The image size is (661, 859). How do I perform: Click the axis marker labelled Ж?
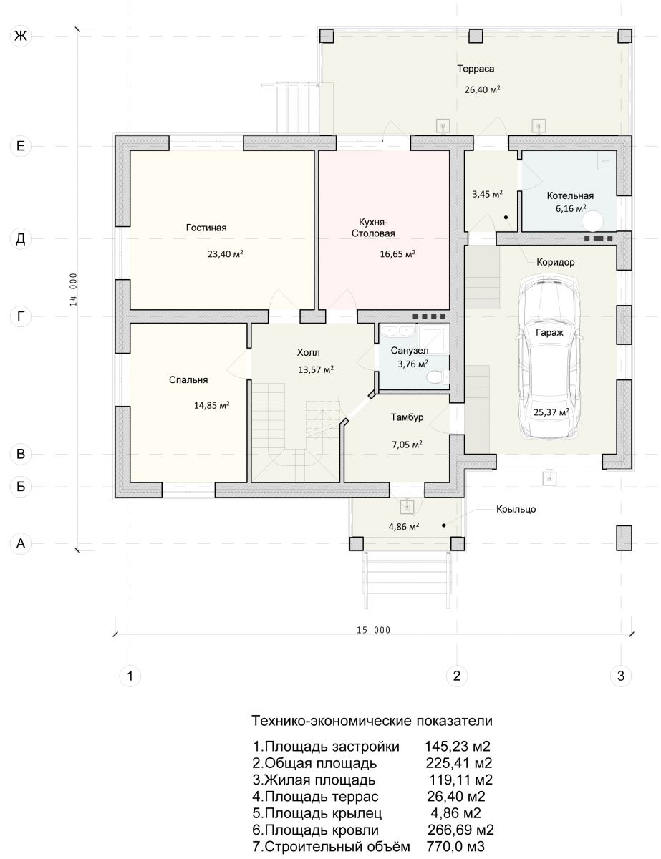[20, 36]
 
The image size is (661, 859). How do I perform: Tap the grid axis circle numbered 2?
[457, 676]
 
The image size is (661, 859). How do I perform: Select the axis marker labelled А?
[20, 543]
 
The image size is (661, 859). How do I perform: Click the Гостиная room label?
[206, 228]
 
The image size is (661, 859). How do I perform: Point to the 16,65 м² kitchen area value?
[397, 254]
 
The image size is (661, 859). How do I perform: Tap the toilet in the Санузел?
[438, 377]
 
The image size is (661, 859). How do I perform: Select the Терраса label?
[476, 69]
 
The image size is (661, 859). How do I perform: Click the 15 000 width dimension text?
[373, 630]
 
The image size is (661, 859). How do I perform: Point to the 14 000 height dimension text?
[74, 290]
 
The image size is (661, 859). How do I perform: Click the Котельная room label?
[570, 195]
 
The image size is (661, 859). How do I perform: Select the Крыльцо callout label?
[516, 509]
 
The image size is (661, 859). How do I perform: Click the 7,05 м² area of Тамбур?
[407, 445]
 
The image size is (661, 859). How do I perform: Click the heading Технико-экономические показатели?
[372, 721]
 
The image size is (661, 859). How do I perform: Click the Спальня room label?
[188, 380]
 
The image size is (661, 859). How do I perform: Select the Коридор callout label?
[556, 262]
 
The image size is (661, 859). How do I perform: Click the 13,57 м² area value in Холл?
[316, 369]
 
